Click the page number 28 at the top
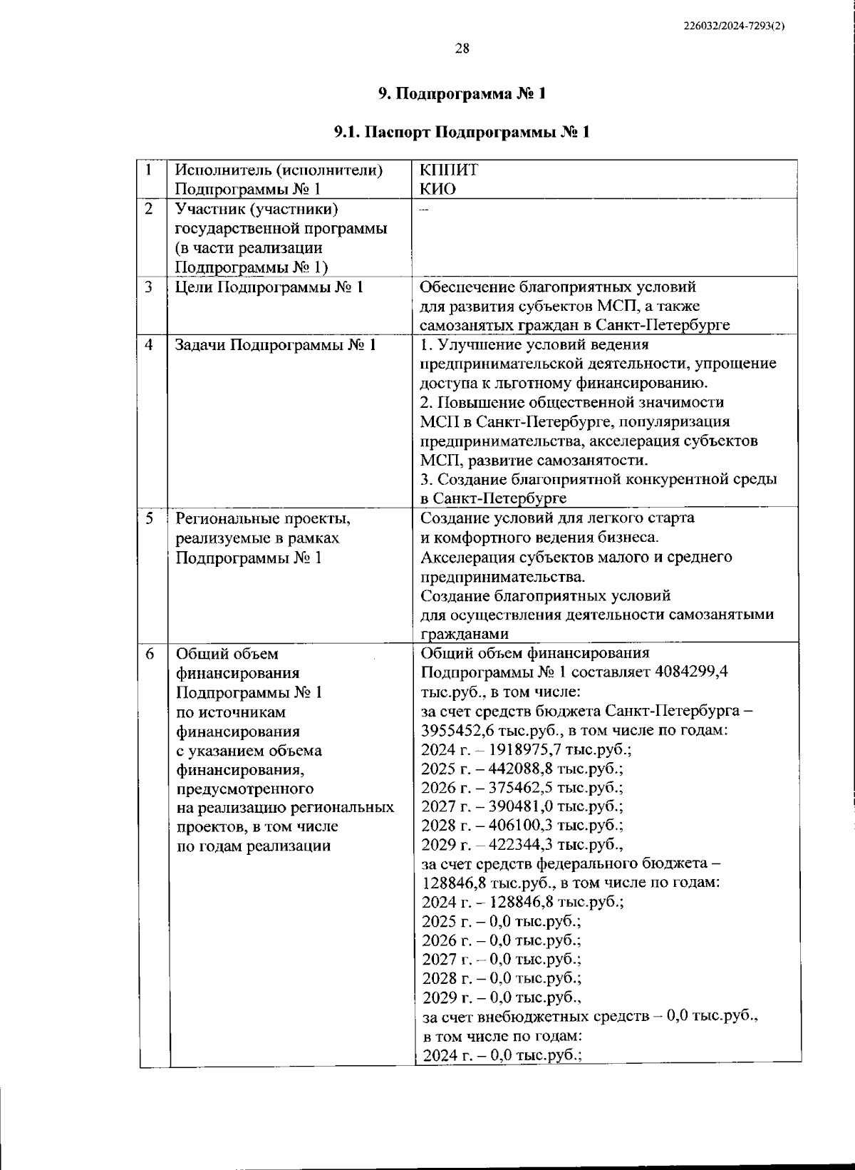click(x=462, y=48)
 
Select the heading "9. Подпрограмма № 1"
click(x=462, y=93)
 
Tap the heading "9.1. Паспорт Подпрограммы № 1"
click(x=462, y=132)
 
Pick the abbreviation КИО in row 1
click(x=438, y=189)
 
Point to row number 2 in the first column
click(x=149, y=209)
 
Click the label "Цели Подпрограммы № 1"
click(x=269, y=287)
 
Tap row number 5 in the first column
click(x=149, y=518)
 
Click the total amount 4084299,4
click(x=690, y=672)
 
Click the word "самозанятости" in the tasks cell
click(x=591, y=460)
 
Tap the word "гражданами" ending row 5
click(x=465, y=634)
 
